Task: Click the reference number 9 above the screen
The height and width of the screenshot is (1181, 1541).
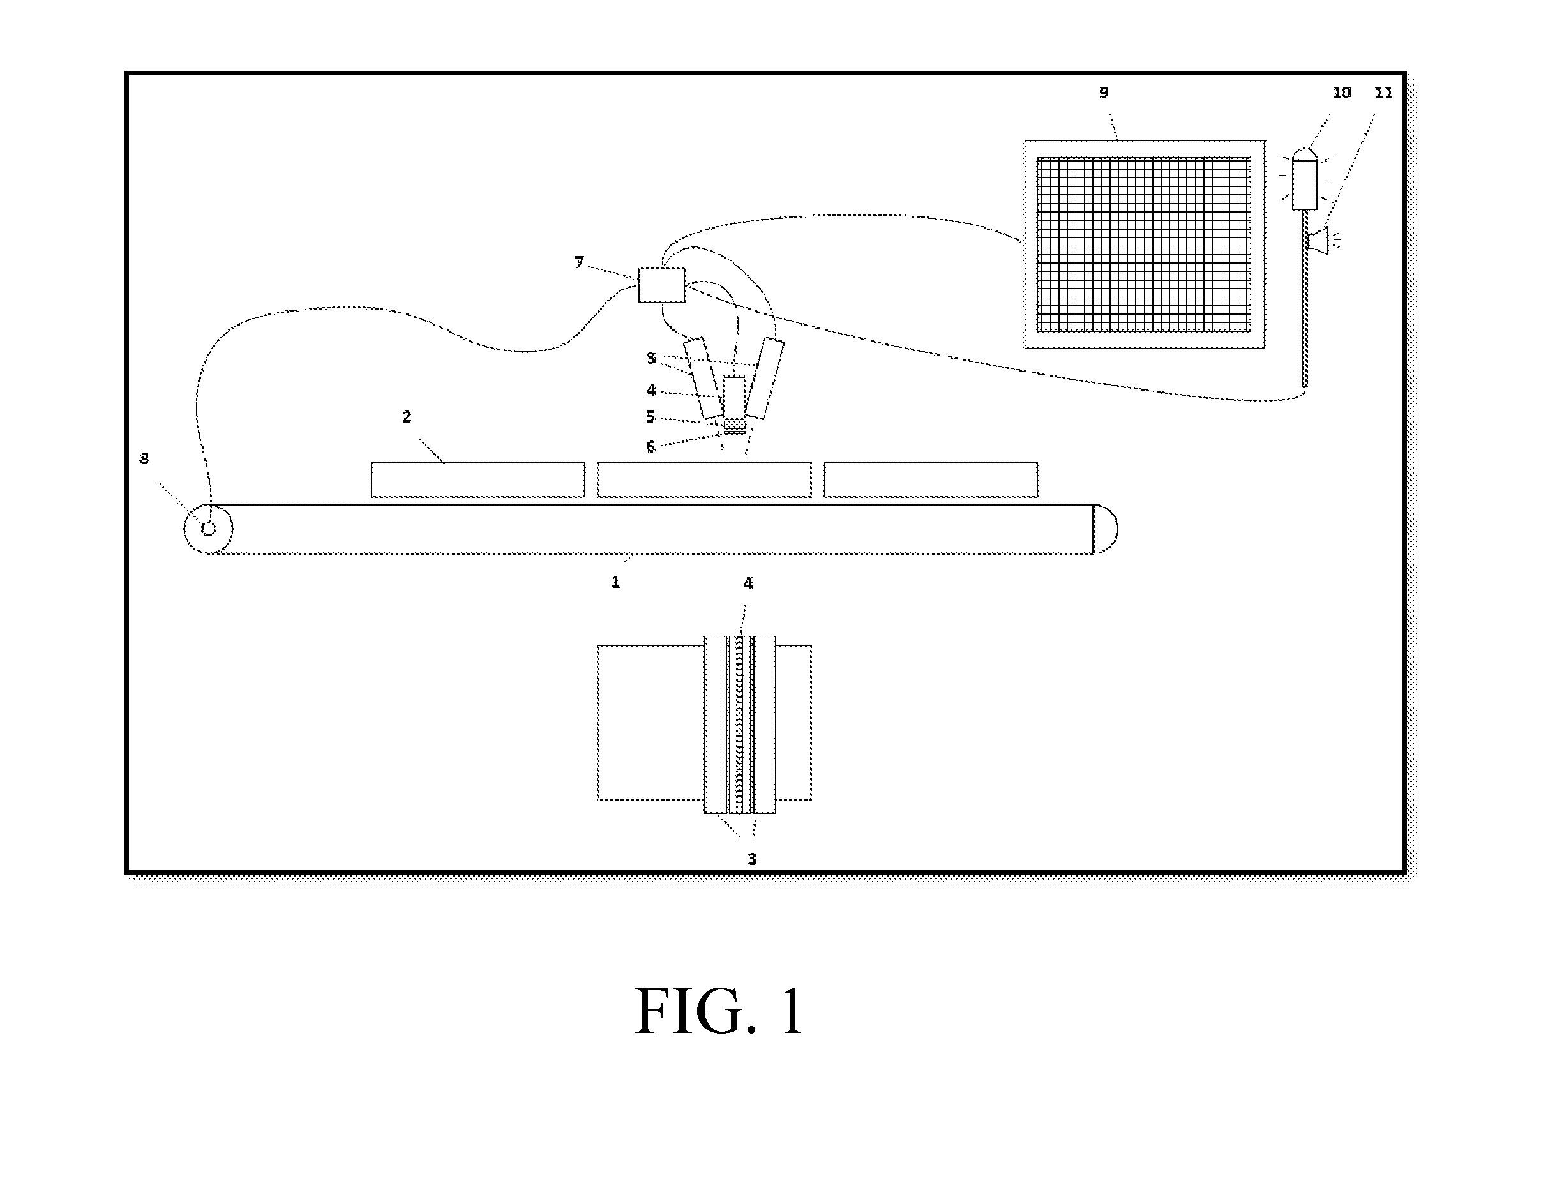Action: click(1104, 93)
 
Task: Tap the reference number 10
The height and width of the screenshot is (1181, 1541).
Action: click(1341, 93)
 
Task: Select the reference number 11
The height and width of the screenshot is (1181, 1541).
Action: click(1383, 93)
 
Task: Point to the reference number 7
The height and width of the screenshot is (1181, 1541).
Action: click(578, 262)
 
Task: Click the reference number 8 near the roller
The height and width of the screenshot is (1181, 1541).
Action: click(144, 458)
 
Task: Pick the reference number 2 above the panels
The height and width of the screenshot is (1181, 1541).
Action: click(407, 417)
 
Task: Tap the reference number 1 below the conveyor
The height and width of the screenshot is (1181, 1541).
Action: click(615, 582)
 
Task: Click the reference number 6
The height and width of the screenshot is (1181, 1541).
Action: click(650, 446)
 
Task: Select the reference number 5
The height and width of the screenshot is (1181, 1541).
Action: click(650, 417)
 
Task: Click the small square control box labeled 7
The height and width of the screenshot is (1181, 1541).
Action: click(661, 285)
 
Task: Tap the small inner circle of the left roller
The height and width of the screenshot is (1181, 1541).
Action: click(209, 529)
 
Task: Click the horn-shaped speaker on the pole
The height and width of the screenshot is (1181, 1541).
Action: click(1318, 241)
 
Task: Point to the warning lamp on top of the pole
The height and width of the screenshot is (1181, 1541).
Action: click(1305, 179)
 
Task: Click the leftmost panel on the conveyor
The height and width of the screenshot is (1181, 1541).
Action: click(477, 480)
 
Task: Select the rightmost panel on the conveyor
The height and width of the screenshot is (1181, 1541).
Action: click(931, 480)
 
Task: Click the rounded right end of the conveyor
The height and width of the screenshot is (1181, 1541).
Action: click(1106, 529)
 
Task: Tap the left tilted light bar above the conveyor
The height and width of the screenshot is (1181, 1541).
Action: click(703, 378)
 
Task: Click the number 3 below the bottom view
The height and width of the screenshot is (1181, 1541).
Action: click(751, 859)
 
